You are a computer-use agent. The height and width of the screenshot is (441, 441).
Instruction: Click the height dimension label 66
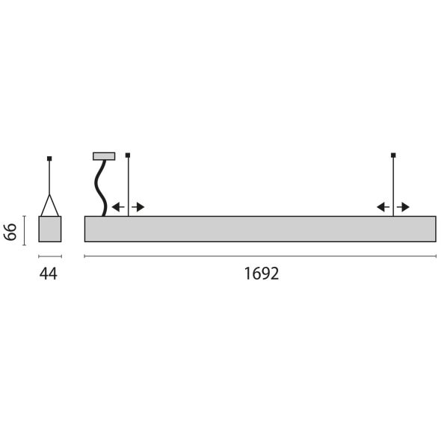point(11,229)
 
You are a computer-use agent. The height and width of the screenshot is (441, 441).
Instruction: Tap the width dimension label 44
point(48,274)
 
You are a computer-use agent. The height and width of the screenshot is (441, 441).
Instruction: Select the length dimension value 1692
point(261,274)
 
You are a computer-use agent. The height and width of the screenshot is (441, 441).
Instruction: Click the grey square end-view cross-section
point(50,229)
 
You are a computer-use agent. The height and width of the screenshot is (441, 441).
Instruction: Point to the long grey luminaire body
point(260,229)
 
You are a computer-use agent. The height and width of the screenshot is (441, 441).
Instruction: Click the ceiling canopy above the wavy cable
point(104,156)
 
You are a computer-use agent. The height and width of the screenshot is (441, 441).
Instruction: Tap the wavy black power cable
point(98,188)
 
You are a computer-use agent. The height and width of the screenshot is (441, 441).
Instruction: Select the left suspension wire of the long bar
point(129,187)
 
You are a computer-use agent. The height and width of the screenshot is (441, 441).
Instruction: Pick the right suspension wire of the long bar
point(393,187)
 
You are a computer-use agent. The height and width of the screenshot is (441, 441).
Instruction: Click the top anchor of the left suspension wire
point(129,155)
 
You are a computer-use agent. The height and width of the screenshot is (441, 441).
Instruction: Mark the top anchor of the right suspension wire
point(393,155)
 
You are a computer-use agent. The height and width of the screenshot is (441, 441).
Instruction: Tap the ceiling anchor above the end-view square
point(49,158)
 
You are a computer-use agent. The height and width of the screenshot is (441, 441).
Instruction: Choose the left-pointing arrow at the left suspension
point(117,207)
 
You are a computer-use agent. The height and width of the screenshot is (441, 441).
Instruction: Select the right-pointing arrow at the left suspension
point(139,207)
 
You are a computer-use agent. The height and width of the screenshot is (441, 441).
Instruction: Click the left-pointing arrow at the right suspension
point(382,207)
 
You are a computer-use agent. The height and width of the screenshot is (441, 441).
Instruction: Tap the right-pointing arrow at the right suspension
point(404,207)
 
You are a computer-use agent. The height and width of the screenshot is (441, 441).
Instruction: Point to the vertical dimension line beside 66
point(25,229)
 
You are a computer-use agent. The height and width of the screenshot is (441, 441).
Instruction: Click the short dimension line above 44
point(50,256)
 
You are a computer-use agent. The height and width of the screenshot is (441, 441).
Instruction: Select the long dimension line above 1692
point(260,256)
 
